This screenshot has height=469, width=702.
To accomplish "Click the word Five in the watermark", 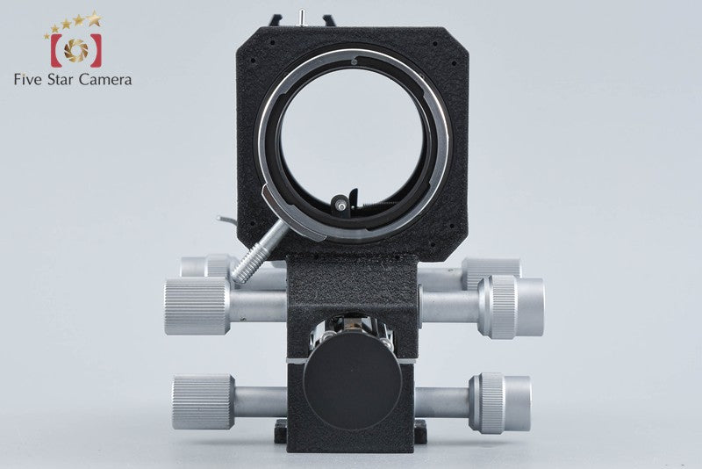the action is point(28,80).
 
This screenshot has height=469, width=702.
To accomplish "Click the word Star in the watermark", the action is point(61,80).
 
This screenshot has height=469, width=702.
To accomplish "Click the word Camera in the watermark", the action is point(105,80).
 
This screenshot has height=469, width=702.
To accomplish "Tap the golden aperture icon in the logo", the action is point(76,50).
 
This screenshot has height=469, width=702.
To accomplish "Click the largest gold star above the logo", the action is point(94,18).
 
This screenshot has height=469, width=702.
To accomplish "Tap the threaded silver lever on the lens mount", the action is point(260,252).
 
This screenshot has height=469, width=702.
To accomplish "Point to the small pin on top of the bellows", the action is point(302,17).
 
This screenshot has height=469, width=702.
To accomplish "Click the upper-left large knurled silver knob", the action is point(197,306).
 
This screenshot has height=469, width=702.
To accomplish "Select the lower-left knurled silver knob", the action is point(204,401).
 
